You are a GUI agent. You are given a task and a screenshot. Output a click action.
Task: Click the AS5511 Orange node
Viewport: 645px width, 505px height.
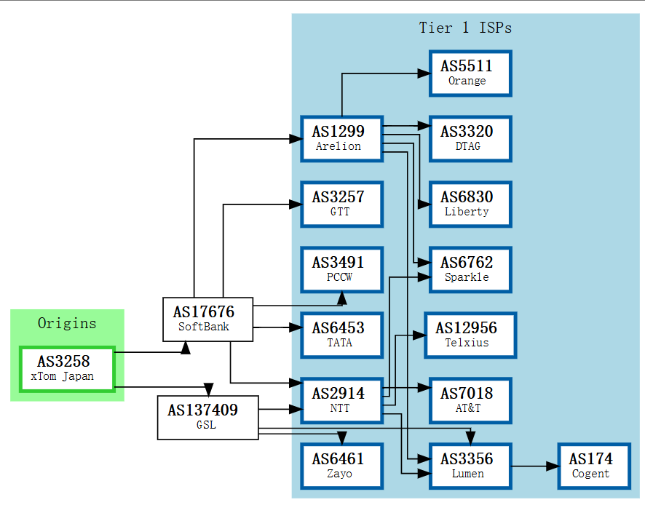pyautogui.click(x=470, y=73)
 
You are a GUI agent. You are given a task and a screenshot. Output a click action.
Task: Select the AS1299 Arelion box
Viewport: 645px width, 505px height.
pyautogui.click(x=342, y=139)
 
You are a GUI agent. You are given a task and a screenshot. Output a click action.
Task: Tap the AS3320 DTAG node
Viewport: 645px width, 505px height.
pyautogui.click(x=470, y=139)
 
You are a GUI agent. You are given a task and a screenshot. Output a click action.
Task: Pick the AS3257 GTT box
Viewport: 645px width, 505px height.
pyautogui.click(x=342, y=204)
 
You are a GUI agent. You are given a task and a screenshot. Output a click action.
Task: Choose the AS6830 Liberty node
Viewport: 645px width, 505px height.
pyautogui.click(x=470, y=204)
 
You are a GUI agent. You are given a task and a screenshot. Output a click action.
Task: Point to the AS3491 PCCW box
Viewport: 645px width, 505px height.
pyautogui.click(x=342, y=270)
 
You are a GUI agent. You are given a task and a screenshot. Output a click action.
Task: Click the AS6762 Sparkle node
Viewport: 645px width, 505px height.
pyautogui.click(x=470, y=270)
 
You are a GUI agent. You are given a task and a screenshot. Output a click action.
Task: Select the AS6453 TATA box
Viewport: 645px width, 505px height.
pyautogui.click(x=342, y=335)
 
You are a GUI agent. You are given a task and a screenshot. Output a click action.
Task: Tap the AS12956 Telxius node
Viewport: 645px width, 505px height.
pyautogui.click(x=470, y=335)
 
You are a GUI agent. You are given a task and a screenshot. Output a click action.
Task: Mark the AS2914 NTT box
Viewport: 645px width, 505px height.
pyautogui.click(x=342, y=401)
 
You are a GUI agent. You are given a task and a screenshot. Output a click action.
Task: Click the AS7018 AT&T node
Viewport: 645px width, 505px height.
pyautogui.click(x=470, y=401)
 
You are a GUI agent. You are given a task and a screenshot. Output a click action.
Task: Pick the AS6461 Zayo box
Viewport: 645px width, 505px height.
pyautogui.click(x=342, y=466)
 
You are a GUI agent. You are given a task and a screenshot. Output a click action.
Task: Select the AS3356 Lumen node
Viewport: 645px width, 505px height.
pyautogui.click(x=470, y=466)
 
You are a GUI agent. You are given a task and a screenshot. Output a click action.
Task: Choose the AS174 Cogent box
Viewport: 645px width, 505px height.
pyautogui.click(x=594, y=466)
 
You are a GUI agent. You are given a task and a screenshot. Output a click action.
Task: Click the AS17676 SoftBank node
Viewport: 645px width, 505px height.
pyautogui.click(x=207, y=319)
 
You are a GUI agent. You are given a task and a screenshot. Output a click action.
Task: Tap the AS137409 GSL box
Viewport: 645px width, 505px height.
pyautogui.click(x=207, y=418)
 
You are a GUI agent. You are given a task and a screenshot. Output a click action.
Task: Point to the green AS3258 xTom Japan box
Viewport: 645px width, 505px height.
pyautogui.click(x=67, y=370)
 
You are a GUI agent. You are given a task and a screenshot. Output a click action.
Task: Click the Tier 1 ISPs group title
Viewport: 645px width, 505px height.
pyautogui.click(x=465, y=28)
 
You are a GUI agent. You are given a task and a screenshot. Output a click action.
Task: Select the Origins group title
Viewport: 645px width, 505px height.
pyautogui.click(x=67, y=323)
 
